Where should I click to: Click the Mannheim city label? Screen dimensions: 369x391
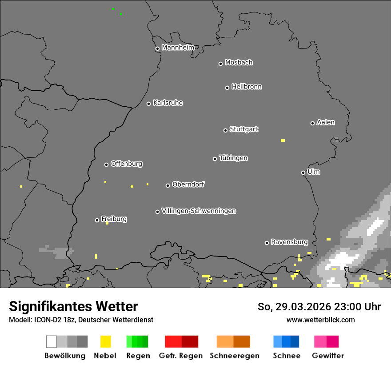tap(178, 48)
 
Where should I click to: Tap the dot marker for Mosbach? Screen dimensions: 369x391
tap(220, 64)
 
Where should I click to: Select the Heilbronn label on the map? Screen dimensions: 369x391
tap(247, 87)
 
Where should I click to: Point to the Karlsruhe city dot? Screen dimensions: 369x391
tap(149, 104)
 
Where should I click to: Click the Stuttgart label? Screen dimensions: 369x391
tap(243, 129)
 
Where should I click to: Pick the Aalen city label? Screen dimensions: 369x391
tap(326, 122)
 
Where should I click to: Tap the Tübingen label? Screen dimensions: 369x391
tap(233, 158)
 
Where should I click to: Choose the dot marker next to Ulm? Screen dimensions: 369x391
tap(303, 172)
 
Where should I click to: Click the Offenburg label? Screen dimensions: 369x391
tap(127, 164)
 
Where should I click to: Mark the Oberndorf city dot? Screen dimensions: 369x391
tap(168, 185)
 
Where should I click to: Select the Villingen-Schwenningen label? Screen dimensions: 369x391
tap(199, 211)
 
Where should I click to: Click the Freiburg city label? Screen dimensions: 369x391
tap(114, 219)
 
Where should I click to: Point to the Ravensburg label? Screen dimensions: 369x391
tap(289, 242)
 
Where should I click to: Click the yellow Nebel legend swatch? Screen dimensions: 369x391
tap(105, 341)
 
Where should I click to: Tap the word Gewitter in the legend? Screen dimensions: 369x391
tap(328, 356)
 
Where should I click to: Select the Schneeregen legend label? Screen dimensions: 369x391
tap(235, 356)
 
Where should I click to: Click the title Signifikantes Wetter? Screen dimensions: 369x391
tap(73, 306)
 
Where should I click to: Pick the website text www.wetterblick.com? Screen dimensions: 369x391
tap(321, 320)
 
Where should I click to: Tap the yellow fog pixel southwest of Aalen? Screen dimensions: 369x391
tap(283, 140)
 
